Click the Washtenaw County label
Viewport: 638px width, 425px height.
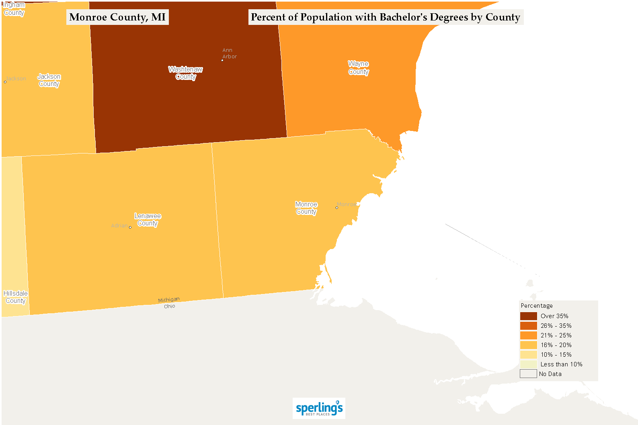(x=185, y=73)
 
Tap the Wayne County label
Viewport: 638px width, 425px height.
(x=358, y=68)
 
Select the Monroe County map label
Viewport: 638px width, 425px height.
(x=306, y=208)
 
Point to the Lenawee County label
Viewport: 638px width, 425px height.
(x=148, y=220)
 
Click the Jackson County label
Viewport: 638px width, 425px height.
(x=49, y=80)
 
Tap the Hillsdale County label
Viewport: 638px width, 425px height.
(x=16, y=297)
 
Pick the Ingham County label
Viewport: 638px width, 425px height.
(x=14, y=9)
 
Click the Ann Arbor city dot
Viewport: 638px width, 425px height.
(x=222, y=60)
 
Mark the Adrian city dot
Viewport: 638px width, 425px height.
(x=130, y=227)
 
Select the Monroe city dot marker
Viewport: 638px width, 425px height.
(x=337, y=208)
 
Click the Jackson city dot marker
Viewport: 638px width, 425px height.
(x=5, y=82)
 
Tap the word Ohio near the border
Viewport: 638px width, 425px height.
(x=170, y=306)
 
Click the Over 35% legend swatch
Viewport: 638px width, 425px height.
(x=528, y=316)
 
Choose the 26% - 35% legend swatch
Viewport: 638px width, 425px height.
(x=528, y=326)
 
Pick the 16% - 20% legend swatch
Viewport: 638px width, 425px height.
(x=528, y=345)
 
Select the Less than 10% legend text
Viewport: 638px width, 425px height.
(x=561, y=364)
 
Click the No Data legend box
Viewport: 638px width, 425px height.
(x=528, y=374)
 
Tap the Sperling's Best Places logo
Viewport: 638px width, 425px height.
(x=319, y=408)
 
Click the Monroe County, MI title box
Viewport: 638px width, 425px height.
(x=117, y=17)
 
